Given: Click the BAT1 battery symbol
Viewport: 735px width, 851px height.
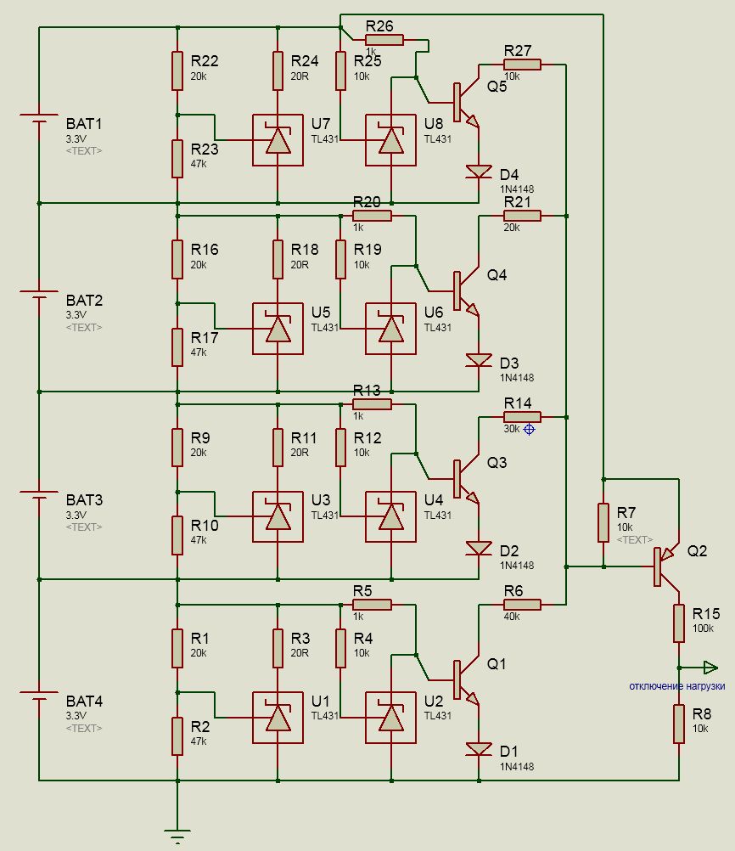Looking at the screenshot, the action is point(39,118).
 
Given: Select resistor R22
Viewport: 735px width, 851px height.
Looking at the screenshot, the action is point(177,70).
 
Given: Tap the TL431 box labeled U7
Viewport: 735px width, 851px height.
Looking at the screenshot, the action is point(278,140).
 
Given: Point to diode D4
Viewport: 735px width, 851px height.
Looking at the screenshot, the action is point(479,172).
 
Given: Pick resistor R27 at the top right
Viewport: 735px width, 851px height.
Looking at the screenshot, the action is point(522,65).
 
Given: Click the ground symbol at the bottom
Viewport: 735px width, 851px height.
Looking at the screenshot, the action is point(177,835).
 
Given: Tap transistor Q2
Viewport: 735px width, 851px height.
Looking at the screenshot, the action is point(666,566).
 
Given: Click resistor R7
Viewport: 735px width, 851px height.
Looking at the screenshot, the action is point(603,522).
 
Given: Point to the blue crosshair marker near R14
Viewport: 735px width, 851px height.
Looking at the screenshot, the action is point(530,429).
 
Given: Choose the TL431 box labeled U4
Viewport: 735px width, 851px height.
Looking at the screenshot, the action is point(391,516).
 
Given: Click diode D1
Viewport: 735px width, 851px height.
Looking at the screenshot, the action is point(479,750).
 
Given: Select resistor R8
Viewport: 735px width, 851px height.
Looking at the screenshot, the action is point(679,724).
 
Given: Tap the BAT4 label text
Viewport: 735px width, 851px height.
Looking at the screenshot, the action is point(84,701).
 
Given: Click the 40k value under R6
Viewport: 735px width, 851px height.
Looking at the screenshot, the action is point(512,617).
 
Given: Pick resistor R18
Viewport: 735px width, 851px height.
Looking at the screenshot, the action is point(278,259).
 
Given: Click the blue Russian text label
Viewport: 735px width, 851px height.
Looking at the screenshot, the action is point(677,686).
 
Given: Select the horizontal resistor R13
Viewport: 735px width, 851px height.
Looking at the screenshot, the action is point(372,404).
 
